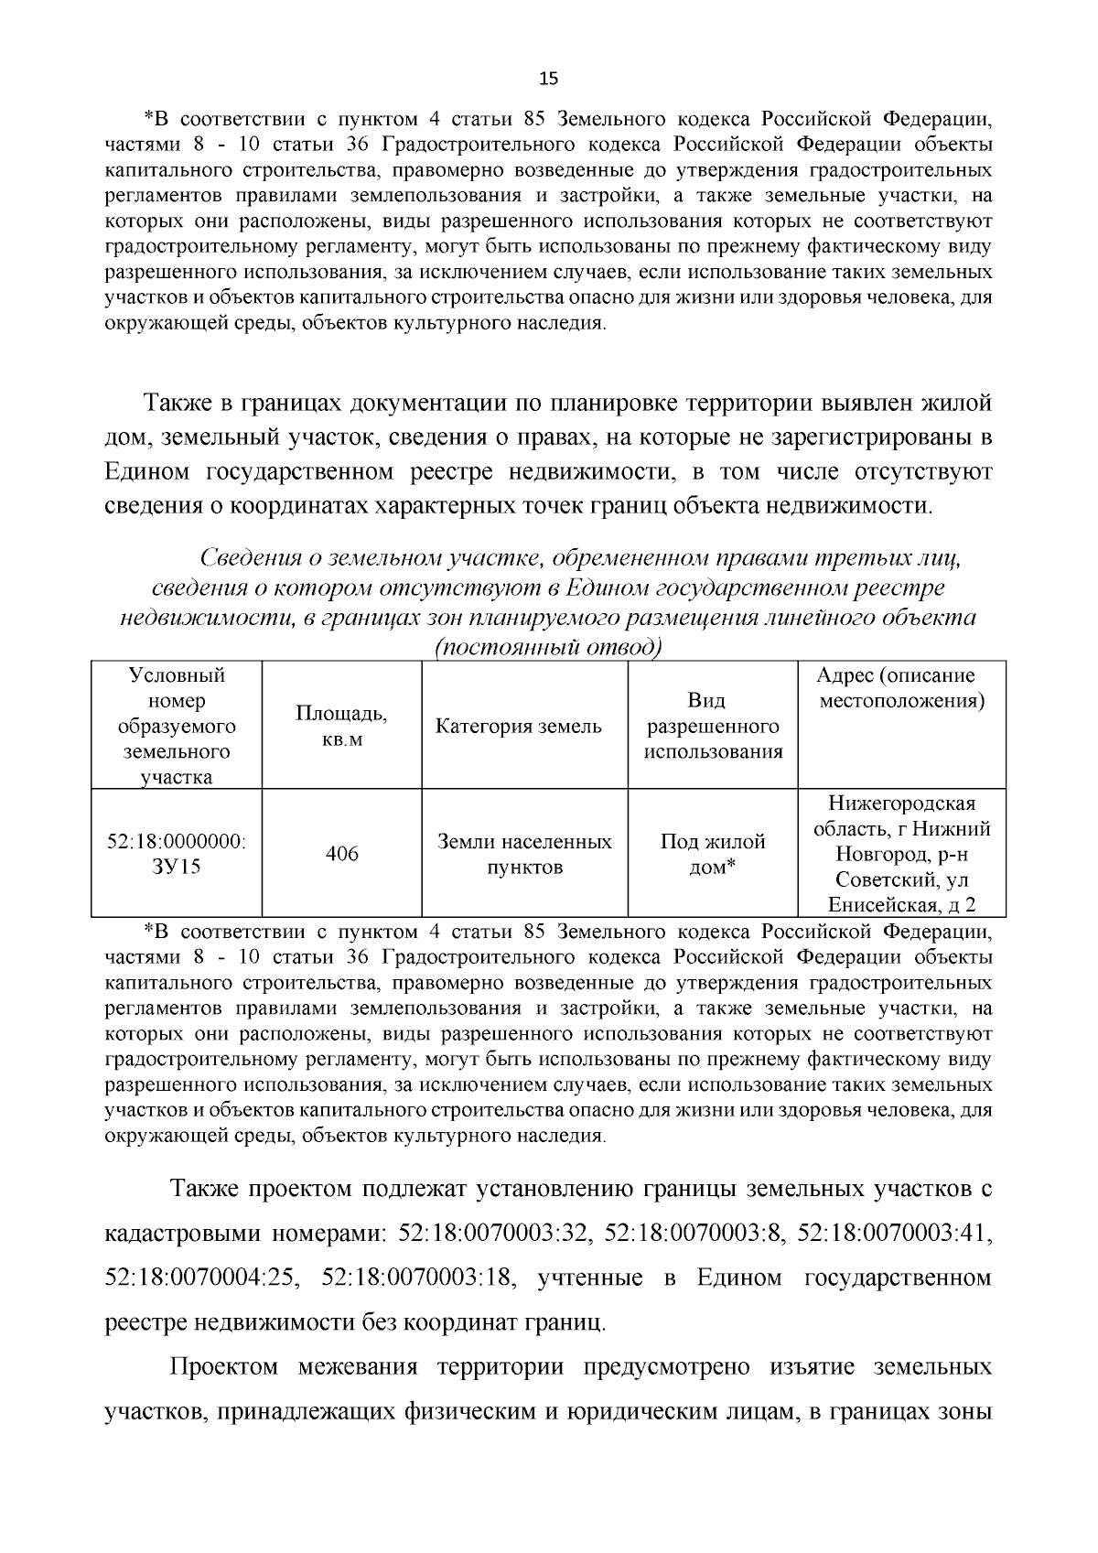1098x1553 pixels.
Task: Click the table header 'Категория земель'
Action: point(519,727)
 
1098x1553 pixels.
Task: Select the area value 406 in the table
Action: point(342,854)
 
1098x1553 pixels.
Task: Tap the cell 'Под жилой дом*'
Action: point(713,854)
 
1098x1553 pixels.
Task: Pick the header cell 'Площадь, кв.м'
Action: point(341,727)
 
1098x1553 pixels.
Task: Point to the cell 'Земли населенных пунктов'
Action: point(524,854)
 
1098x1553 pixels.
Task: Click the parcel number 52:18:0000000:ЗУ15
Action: point(177,854)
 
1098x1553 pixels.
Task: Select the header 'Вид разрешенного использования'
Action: point(713,727)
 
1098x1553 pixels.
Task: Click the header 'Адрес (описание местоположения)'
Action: point(901,688)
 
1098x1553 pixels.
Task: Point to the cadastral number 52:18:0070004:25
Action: point(201,1277)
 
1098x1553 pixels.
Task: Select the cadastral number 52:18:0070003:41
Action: point(893,1233)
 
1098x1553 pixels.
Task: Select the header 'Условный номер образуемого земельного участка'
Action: point(177,727)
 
